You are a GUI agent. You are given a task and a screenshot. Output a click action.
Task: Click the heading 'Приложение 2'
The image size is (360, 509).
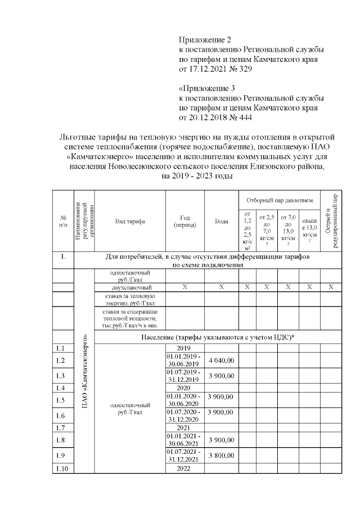pyautogui.click(x=205, y=39)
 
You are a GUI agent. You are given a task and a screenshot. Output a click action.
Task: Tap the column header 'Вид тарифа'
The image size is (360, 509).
pyautogui.click(x=130, y=222)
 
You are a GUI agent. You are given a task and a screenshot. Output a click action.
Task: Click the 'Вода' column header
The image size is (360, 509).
pyautogui.click(x=222, y=222)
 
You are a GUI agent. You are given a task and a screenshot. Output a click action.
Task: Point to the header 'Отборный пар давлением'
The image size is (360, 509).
pyautogui.click(x=280, y=200)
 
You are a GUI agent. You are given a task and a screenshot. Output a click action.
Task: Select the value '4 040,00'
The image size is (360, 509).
pyautogui.click(x=221, y=360)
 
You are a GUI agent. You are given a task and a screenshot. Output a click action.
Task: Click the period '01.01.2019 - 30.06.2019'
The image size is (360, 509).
pyautogui.click(x=185, y=360)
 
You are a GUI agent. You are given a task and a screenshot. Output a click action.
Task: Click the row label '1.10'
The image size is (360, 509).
pyautogui.click(x=62, y=469)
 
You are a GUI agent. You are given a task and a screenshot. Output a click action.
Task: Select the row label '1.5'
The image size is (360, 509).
pyautogui.click(x=62, y=400)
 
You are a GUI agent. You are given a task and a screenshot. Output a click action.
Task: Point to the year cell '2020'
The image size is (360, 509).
pyautogui.click(x=185, y=388)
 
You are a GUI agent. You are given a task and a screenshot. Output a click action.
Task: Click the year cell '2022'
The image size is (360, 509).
pyautogui.click(x=185, y=469)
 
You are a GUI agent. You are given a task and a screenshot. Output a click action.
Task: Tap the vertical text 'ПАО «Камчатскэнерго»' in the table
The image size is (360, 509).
pyautogui.click(x=84, y=372)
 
